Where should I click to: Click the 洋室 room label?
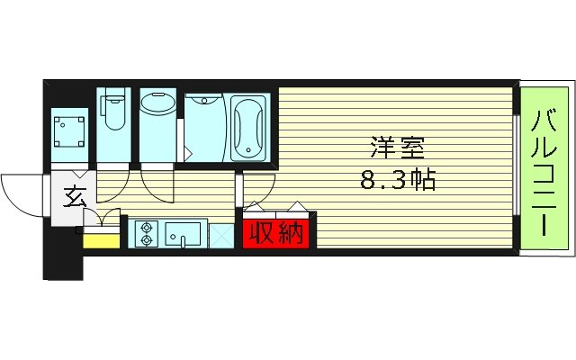click(395, 147)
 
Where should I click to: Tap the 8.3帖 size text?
click(397, 180)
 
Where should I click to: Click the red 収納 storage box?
click(275, 233)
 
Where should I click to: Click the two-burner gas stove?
click(147, 234)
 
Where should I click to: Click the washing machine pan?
click(68, 130)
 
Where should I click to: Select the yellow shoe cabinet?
click(102, 239)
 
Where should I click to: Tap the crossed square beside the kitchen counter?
click(221, 235)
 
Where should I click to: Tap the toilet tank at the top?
click(113, 97)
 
